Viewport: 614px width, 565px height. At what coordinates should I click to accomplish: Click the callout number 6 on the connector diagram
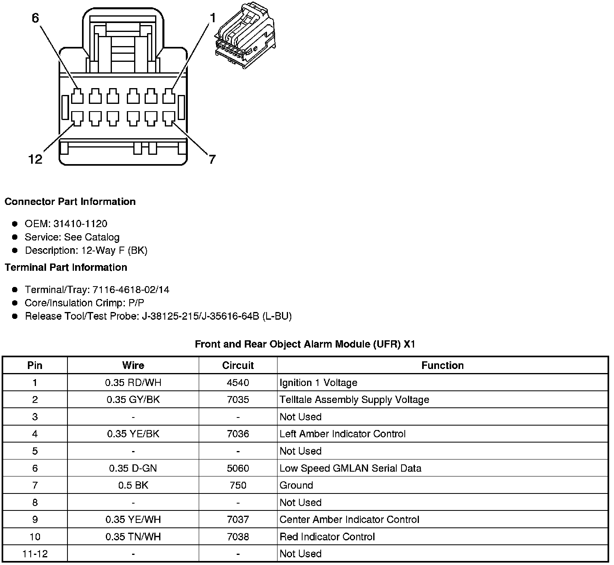pyautogui.click(x=35, y=18)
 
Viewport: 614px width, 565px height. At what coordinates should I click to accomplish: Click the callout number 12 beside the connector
pyautogui.click(x=35, y=159)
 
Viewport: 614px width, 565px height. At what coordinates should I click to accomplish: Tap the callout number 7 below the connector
pyautogui.click(x=212, y=159)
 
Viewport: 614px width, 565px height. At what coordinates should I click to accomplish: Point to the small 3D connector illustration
pyautogui.click(x=246, y=35)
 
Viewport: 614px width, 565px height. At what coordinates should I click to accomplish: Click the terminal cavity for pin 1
pyautogui.click(x=169, y=97)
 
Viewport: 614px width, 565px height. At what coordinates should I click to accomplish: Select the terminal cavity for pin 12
pyautogui.click(x=77, y=118)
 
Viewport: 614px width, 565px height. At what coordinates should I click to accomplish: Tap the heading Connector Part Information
pyautogui.click(x=70, y=202)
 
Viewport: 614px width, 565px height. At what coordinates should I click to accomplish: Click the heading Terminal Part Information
pyautogui.click(x=66, y=268)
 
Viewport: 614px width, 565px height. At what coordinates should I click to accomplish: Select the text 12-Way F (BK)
pyautogui.click(x=114, y=251)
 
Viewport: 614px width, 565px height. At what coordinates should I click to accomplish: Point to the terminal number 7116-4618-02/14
pyautogui.click(x=131, y=290)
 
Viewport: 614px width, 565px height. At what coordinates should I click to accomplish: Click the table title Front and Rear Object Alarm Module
pyautogui.click(x=305, y=344)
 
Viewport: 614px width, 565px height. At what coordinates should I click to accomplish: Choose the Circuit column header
pyautogui.click(x=238, y=365)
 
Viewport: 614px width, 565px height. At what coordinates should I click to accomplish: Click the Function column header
pyautogui.click(x=442, y=365)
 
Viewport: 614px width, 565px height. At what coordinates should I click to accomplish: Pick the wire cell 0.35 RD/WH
pyautogui.click(x=133, y=383)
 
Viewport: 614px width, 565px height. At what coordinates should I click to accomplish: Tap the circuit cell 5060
pyautogui.click(x=238, y=468)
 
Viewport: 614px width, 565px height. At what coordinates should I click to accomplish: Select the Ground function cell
pyautogui.click(x=296, y=485)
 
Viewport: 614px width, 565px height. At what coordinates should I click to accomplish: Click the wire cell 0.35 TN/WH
pyautogui.click(x=133, y=537)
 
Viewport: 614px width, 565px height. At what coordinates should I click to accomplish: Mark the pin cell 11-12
pyautogui.click(x=35, y=554)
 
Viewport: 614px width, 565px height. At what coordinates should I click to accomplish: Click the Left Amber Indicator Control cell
pyautogui.click(x=342, y=434)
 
